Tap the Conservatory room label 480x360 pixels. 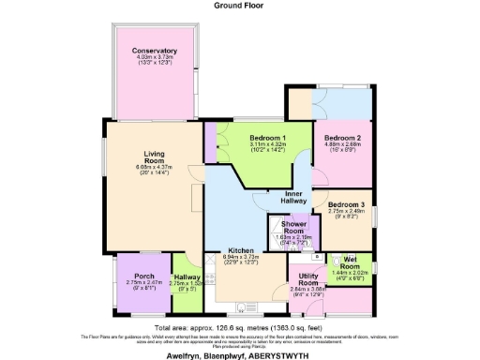155,50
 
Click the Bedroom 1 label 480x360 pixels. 267,138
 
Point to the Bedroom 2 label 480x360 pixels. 343,138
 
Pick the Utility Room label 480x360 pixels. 309,278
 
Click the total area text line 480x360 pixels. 240,328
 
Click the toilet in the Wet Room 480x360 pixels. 318,256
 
